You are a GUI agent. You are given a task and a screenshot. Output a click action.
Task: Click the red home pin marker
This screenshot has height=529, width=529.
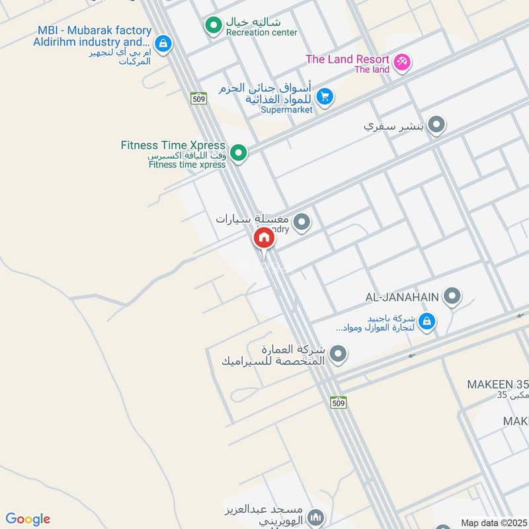263,239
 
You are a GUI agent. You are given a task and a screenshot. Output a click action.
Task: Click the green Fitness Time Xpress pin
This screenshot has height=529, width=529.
239,153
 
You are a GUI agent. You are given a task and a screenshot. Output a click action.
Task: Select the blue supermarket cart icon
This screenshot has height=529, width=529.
323,97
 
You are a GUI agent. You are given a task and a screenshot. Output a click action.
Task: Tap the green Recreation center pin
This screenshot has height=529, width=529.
213,26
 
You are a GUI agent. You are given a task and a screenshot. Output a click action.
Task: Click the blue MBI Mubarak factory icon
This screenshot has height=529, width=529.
163,44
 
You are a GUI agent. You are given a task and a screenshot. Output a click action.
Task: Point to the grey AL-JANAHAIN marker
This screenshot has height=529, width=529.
452,296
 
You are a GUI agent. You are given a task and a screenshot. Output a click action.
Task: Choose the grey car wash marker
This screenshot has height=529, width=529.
302,222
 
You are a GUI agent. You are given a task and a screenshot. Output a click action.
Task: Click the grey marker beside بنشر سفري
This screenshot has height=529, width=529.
436,124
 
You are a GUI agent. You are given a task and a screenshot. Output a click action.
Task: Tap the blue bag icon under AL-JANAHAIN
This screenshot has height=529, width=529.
427,321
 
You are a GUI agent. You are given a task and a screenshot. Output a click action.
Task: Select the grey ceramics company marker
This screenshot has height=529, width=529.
338,355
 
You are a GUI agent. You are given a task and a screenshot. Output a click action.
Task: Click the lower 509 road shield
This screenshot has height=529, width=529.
338,402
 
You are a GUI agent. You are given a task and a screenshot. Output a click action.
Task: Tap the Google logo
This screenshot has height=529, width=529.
28,519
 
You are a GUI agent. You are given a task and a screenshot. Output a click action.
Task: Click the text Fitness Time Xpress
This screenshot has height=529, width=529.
173,145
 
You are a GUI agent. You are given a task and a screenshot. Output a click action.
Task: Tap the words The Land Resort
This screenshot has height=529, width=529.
346,60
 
